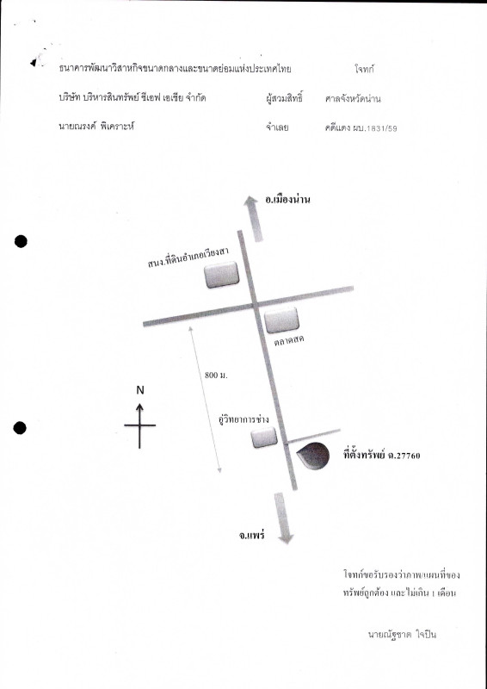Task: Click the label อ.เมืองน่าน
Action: click(287, 200)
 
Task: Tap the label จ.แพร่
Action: click(251, 536)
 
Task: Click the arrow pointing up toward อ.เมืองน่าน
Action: click(253, 219)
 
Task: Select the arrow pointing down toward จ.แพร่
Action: click(283, 518)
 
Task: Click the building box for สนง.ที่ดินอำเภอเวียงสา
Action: click(222, 275)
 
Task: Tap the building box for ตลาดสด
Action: click(282, 320)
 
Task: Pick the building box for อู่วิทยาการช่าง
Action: click(264, 438)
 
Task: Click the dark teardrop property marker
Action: click(313, 456)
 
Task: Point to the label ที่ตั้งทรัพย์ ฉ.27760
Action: click(382, 456)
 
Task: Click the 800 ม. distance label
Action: click(216, 376)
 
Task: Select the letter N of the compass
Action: click(140, 390)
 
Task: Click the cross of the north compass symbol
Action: click(139, 425)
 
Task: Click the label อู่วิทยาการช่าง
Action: click(243, 419)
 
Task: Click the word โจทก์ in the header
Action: click(365, 69)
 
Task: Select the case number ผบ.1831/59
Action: click(375, 128)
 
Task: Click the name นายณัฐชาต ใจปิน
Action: click(402, 635)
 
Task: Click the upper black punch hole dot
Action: click(21, 241)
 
